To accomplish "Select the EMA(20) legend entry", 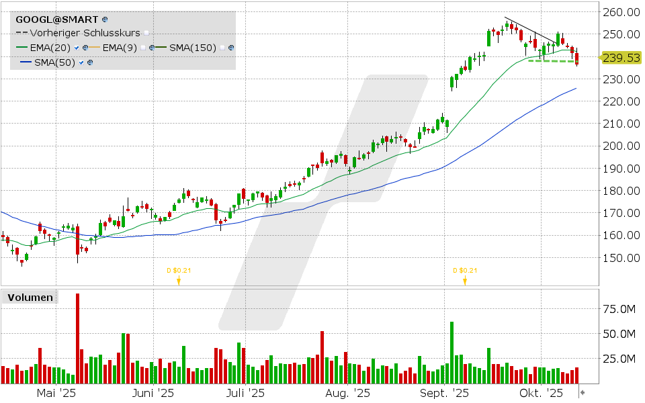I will coord(46,47).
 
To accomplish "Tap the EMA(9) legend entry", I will coord(122,47).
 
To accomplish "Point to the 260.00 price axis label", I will coord(619,12).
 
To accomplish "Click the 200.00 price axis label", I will coord(619,146).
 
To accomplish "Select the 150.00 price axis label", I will coord(619,257).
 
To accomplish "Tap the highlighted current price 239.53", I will coord(621,58).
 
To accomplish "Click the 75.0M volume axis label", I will coord(619,308).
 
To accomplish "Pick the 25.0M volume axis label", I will coord(619,359).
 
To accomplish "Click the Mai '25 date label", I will coord(55,393).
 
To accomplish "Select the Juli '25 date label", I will coord(245,393).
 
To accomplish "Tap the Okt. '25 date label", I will coord(544,393).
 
